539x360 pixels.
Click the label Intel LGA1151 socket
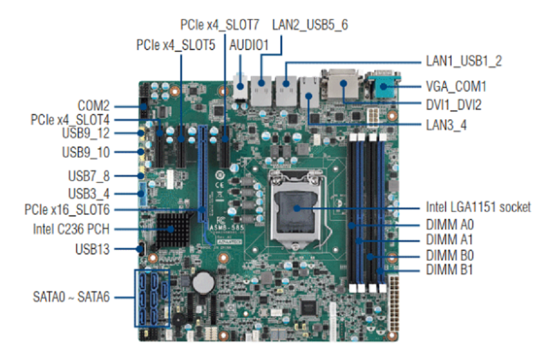tap(478, 207)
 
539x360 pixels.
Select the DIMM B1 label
tap(449, 270)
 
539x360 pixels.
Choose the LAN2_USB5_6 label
tap(310, 25)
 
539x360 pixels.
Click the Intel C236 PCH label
tap(71, 229)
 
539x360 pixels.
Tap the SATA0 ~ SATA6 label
tap(71, 297)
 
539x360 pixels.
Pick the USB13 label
tap(92, 248)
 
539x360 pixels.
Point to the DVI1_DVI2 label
tap(453, 105)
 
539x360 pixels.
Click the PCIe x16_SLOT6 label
tap(67, 210)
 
